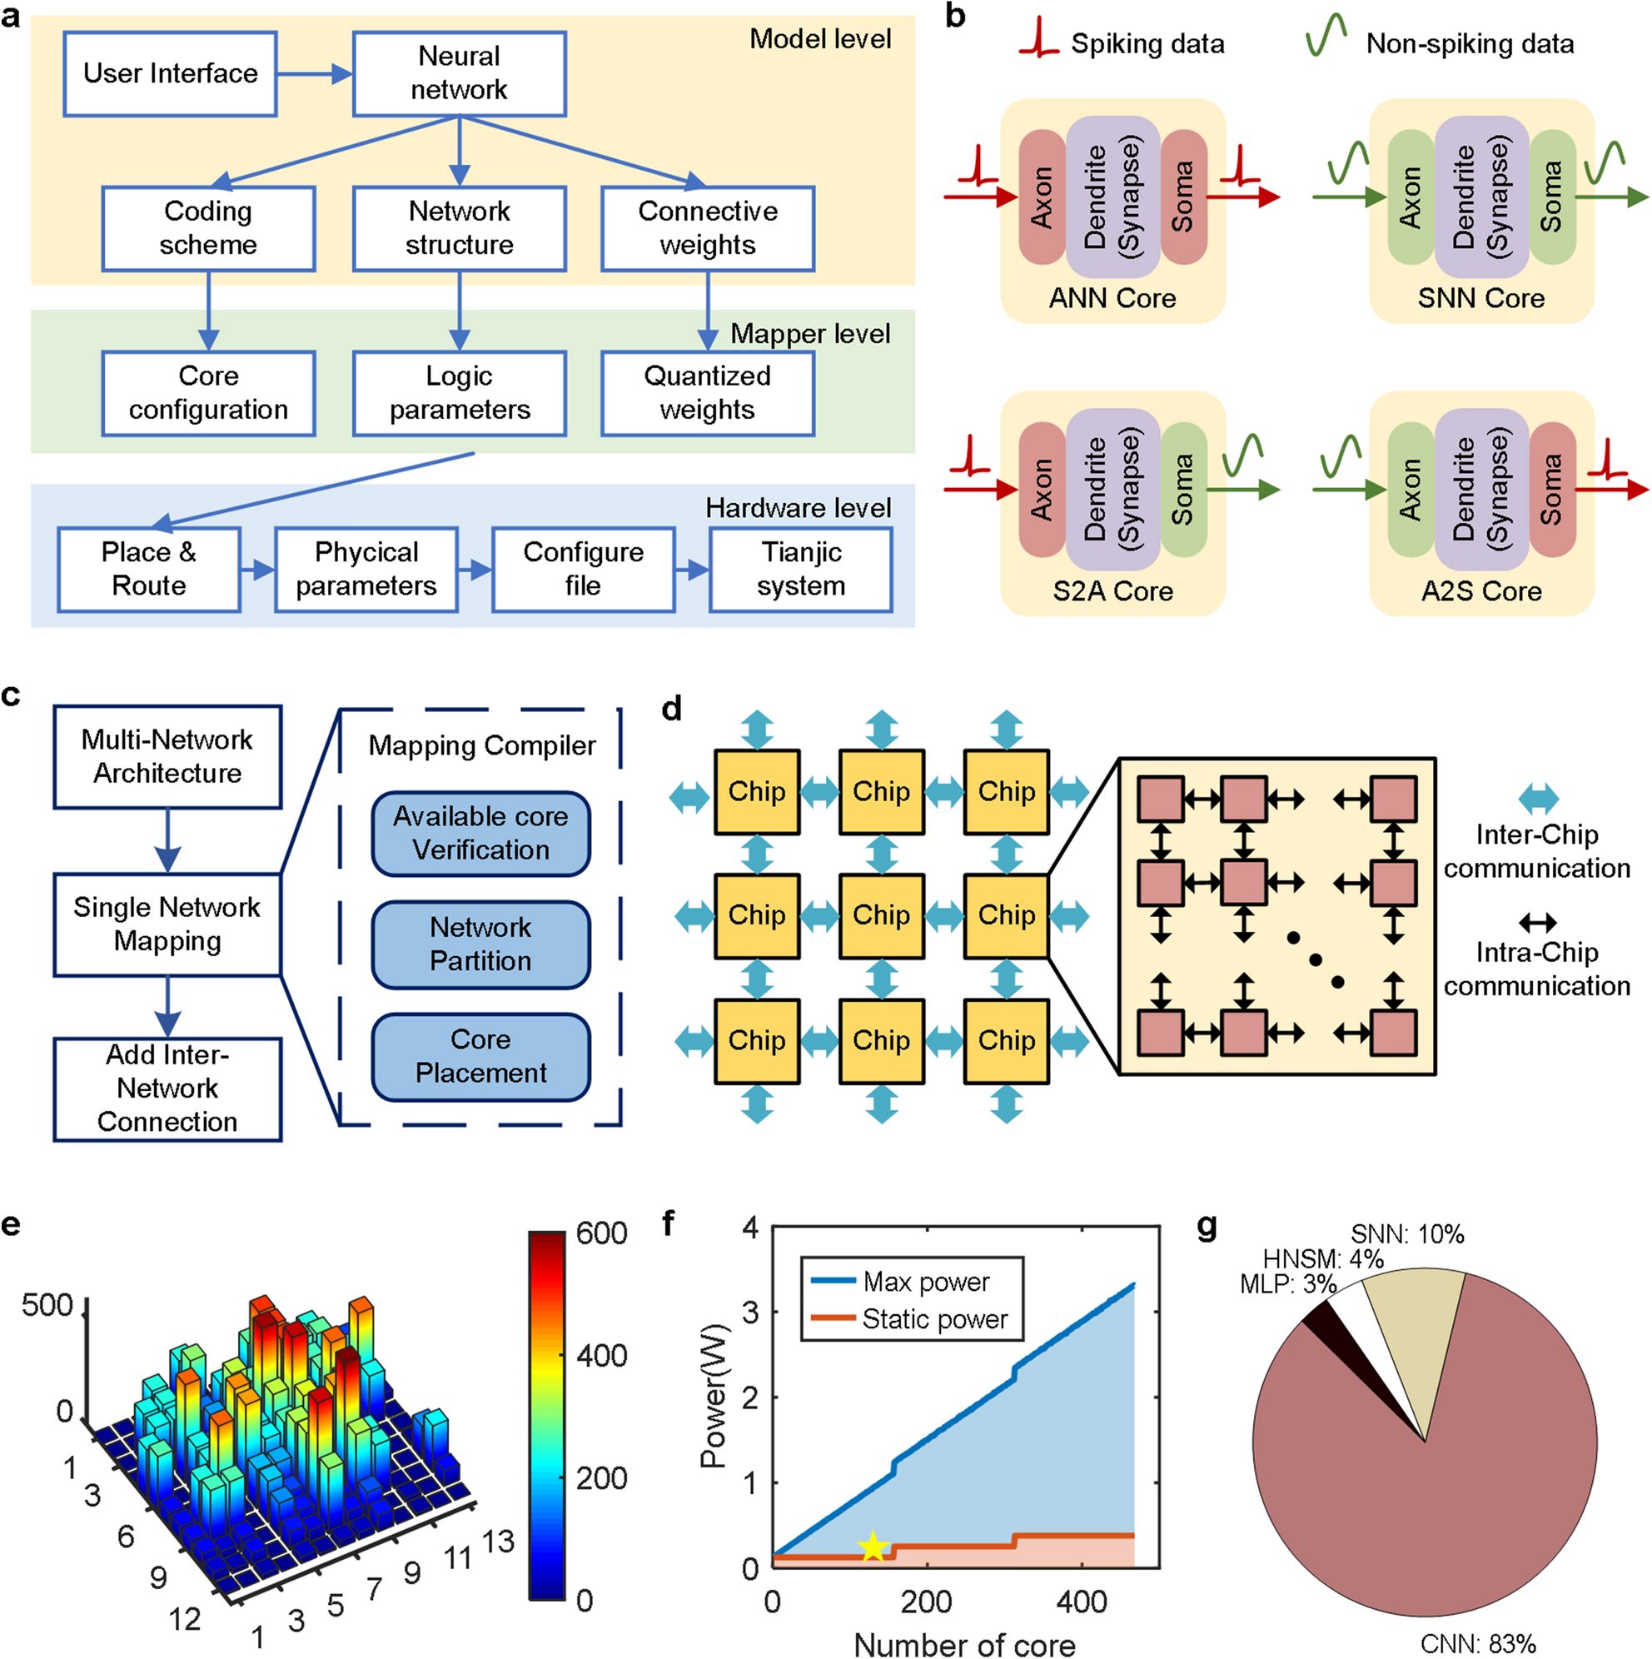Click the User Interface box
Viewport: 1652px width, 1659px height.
point(170,74)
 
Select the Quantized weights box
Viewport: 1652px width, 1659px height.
point(708,392)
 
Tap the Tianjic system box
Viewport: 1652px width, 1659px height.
point(800,569)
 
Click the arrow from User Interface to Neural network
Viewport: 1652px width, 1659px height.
point(314,74)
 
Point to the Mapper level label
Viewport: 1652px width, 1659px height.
point(809,334)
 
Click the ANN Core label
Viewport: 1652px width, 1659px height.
point(1112,298)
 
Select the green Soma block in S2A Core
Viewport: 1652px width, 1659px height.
point(1183,490)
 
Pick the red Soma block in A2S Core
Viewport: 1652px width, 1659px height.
point(1551,490)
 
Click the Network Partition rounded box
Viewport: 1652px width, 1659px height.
point(480,944)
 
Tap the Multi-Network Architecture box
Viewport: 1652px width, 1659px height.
point(167,756)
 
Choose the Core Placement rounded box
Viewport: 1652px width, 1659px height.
point(480,1056)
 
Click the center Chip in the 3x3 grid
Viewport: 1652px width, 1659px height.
point(881,915)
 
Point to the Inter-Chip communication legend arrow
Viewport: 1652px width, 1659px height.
point(1538,799)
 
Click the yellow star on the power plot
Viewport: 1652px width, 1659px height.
point(873,1547)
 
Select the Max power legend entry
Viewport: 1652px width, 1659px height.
point(910,1282)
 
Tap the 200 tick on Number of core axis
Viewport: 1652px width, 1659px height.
point(927,1602)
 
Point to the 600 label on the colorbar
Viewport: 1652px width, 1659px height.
point(601,1234)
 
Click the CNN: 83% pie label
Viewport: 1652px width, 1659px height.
point(1477,1643)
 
